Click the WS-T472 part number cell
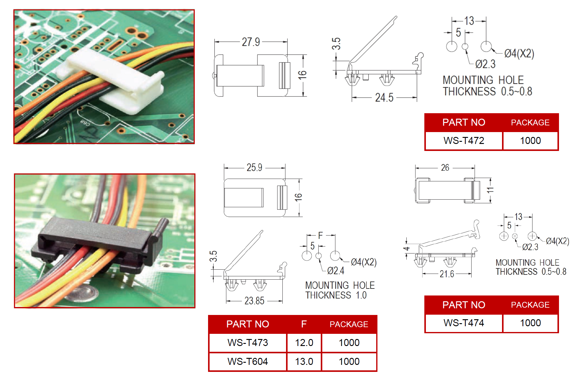464,141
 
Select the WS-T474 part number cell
464,323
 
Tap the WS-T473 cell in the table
248,343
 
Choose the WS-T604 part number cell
248,362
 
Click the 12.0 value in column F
304,343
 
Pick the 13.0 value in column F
304,362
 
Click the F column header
304,324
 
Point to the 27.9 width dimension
251,42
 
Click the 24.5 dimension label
384,98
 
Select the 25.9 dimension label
254,167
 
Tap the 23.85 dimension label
254,301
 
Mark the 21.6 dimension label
447,274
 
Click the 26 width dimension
445,168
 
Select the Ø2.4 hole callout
336,271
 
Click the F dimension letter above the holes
320,235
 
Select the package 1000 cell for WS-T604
349,362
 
